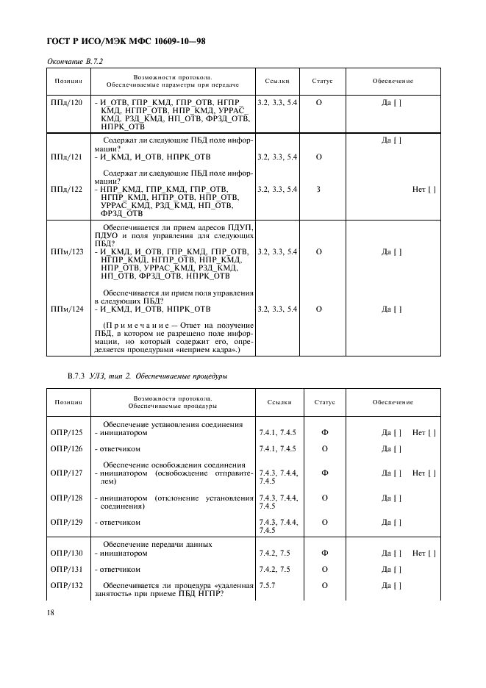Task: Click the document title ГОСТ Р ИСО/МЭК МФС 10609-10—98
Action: (126, 42)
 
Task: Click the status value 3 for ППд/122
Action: (318, 189)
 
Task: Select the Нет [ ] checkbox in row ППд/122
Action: (424, 189)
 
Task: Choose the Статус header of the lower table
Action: (324, 402)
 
